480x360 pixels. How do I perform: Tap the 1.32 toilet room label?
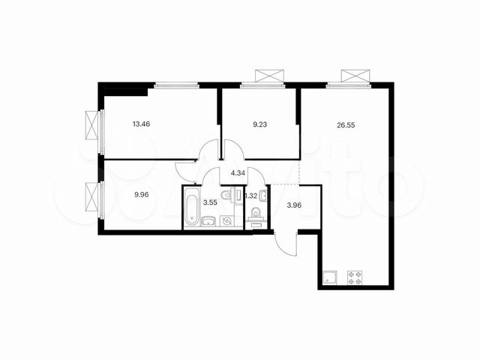click(x=253, y=196)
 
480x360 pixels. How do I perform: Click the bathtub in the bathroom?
click(x=191, y=208)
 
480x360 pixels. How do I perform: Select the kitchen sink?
click(x=328, y=277)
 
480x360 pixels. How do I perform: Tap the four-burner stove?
click(x=353, y=277)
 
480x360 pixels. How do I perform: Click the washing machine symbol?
click(x=226, y=220)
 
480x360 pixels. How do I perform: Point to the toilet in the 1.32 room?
click(x=256, y=214)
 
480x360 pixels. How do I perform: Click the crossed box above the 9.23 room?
click(x=271, y=76)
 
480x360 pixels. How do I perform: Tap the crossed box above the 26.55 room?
click(x=355, y=76)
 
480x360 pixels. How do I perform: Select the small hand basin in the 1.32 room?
click(x=261, y=196)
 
